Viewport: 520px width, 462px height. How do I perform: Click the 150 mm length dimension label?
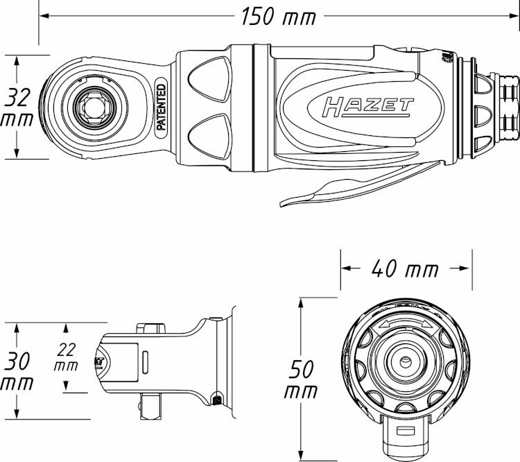pos(279,16)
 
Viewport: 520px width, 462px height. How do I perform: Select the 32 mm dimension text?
pos(17,107)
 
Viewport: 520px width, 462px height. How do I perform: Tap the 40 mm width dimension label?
pos(405,268)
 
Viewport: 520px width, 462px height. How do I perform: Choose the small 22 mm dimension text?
pos(66,357)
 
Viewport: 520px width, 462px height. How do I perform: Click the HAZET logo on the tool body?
pos(367,108)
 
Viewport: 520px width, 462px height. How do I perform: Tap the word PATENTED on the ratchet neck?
pos(161,107)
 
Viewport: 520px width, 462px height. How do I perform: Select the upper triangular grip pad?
pos(209,79)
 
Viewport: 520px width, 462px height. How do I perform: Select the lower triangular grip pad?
pos(209,137)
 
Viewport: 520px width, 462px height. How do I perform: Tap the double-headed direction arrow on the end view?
pos(406,324)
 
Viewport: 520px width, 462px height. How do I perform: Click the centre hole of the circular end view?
pos(405,361)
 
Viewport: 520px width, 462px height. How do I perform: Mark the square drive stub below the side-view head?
pos(151,406)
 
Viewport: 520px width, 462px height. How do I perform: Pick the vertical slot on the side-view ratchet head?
pos(146,362)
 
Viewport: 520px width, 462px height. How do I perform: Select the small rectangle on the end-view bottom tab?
pos(406,430)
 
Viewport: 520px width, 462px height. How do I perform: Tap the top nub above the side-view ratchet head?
pos(151,328)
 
